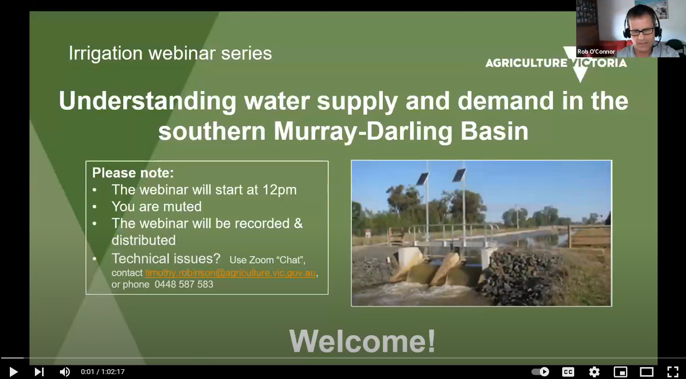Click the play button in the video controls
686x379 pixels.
coord(14,372)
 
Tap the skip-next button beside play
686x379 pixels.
coord(39,372)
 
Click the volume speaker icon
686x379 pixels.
coord(64,372)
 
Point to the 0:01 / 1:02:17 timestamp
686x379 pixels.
coord(103,372)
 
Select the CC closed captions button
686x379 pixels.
coord(568,372)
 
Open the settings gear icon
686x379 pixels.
coord(594,372)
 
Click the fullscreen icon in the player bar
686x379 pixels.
coord(672,372)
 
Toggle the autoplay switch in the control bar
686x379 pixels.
coord(540,372)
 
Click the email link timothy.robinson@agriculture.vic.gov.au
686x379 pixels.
coord(230,273)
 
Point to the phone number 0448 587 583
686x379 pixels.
coord(184,285)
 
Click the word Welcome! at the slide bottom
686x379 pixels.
coord(362,341)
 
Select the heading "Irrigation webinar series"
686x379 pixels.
coord(170,54)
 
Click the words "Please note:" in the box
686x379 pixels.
coord(133,173)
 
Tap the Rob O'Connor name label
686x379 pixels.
coord(596,52)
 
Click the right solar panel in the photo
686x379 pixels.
coord(459,175)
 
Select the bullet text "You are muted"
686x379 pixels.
coord(157,206)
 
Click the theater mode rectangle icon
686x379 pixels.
coord(646,372)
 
